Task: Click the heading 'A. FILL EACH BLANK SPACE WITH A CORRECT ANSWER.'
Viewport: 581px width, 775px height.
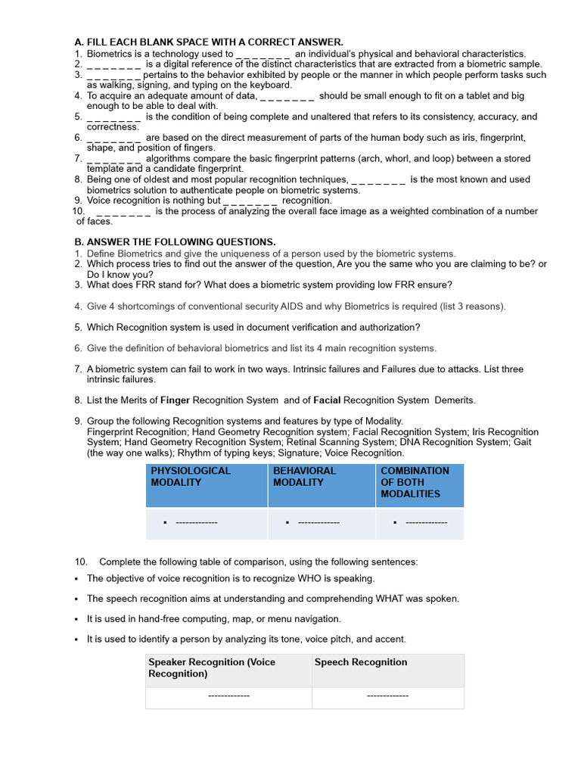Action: [x=209, y=42]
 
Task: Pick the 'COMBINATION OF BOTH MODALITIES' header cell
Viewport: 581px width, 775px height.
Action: [x=415, y=482]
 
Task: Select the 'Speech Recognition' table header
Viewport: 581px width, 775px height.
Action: [x=361, y=662]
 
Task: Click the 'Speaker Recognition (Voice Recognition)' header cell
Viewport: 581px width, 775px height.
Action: [x=212, y=668]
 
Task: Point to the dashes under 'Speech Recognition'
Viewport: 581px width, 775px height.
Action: [x=387, y=696]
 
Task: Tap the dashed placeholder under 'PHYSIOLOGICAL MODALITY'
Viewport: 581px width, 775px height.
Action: [x=196, y=522]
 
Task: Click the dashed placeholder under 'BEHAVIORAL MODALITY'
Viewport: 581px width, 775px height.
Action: [x=318, y=522]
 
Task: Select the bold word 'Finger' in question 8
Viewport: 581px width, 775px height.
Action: [x=176, y=400]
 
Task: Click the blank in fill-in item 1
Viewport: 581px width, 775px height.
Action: [x=263, y=54]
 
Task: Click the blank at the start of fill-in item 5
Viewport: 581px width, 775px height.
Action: [x=113, y=117]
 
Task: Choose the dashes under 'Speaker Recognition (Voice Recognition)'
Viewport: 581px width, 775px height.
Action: [x=228, y=696]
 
